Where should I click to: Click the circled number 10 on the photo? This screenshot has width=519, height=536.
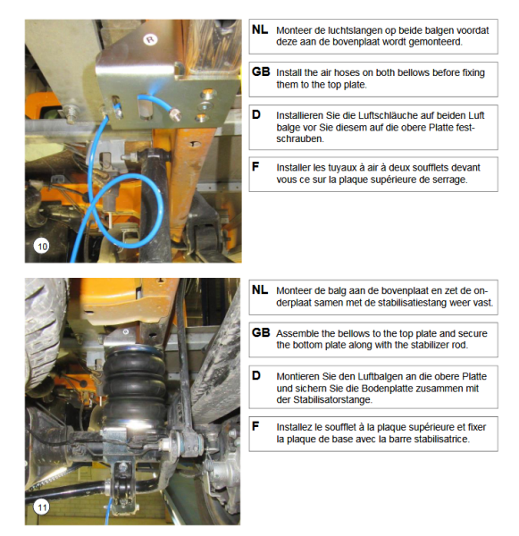pyautogui.click(x=42, y=247)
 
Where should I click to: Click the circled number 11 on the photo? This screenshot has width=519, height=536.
pyautogui.click(x=41, y=507)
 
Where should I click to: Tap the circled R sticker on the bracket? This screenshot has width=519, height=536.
pyautogui.click(x=150, y=39)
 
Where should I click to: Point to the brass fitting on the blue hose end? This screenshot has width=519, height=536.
pyautogui.click(x=175, y=114)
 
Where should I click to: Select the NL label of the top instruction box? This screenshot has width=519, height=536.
pyautogui.click(x=260, y=29)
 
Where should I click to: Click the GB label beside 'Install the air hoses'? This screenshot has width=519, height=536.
pyautogui.click(x=261, y=71)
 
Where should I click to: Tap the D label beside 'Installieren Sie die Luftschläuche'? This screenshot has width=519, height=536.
pyautogui.click(x=256, y=114)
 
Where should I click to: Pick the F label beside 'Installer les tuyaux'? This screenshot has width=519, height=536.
pyautogui.click(x=255, y=166)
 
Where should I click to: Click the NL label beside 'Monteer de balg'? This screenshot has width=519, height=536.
pyautogui.click(x=260, y=289)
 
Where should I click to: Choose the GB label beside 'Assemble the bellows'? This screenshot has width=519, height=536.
pyautogui.click(x=261, y=332)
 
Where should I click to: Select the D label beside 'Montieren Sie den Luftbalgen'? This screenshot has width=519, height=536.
pyautogui.click(x=256, y=375)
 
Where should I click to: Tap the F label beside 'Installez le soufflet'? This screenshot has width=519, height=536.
pyautogui.click(x=255, y=426)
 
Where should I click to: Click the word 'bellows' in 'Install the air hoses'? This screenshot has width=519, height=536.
pyautogui.click(x=412, y=73)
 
